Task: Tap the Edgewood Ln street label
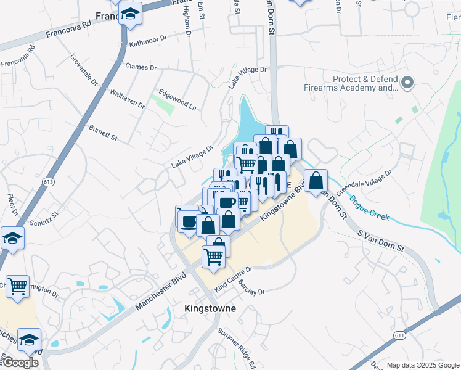tap(177, 99)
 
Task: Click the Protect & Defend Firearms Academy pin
tap(407, 83)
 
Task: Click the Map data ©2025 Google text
tap(422, 365)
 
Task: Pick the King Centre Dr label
tap(234, 279)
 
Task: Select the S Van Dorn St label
tap(381, 241)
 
